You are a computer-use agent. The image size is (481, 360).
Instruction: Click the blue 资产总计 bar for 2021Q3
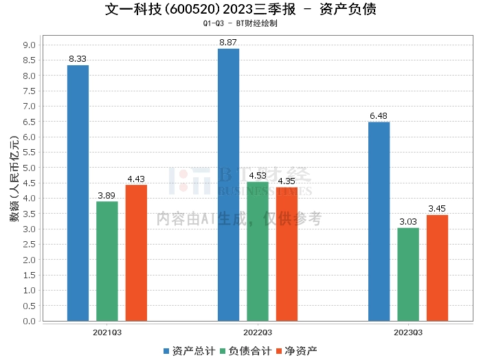point(78,193)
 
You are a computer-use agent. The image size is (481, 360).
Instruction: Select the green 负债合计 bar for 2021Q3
point(107,261)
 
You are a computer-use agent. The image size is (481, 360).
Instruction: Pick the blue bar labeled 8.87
point(228,185)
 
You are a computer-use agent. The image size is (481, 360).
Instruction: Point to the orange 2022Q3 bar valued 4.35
point(287,254)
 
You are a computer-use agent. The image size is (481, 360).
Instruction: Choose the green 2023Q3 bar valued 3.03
point(408,274)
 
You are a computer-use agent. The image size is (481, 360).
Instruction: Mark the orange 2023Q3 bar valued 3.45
point(437,268)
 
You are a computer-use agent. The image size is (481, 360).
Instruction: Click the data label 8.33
point(78,59)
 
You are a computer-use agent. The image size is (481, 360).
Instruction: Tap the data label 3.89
point(107,195)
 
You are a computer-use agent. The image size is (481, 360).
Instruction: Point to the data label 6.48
point(379,116)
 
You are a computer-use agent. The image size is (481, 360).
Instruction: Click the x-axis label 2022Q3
point(258,333)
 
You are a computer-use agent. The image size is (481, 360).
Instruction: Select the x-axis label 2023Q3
point(408,333)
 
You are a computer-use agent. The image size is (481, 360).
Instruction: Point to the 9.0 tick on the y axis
point(30,45)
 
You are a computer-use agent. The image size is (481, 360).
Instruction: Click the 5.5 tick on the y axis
point(30,153)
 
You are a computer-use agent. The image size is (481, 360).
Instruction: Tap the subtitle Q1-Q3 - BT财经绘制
point(240,23)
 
